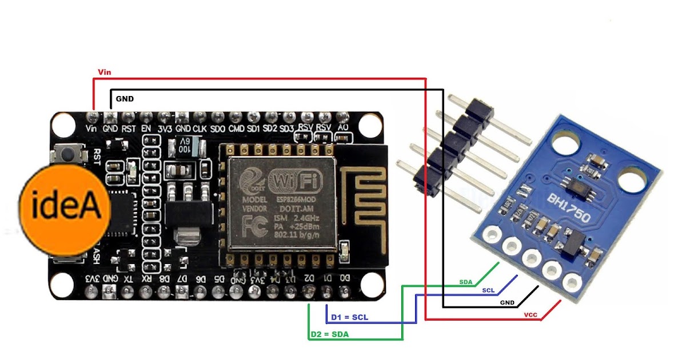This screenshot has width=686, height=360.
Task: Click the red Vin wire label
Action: (x=105, y=73)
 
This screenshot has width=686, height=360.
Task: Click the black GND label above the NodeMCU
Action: (x=125, y=99)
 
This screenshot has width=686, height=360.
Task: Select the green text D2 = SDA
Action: (x=329, y=334)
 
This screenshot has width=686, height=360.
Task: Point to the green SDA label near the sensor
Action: (x=466, y=282)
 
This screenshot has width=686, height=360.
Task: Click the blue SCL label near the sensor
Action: (x=488, y=291)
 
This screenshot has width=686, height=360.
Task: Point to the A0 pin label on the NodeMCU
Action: (x=343, y=129)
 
